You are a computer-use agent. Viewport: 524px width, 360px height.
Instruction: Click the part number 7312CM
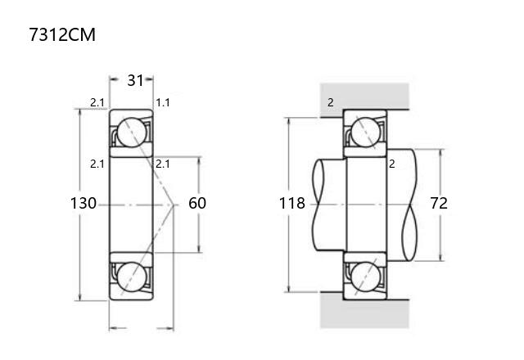(62, 34)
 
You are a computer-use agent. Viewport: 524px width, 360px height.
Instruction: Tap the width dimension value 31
(135, 80)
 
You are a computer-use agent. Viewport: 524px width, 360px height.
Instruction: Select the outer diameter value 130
(84, 203)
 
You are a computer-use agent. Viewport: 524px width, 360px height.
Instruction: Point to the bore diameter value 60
(197, 203)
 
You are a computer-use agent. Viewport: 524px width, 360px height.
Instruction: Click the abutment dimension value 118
(292, 203)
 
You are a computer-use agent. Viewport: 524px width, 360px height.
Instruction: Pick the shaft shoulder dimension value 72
(439, 203)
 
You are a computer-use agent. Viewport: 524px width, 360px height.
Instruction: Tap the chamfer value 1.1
(163, 102)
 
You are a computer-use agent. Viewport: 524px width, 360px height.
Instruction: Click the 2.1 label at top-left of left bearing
(97, 102)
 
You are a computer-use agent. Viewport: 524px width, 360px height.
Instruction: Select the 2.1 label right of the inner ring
(163, 164)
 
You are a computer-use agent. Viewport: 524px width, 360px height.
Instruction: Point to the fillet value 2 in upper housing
(331, 102)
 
